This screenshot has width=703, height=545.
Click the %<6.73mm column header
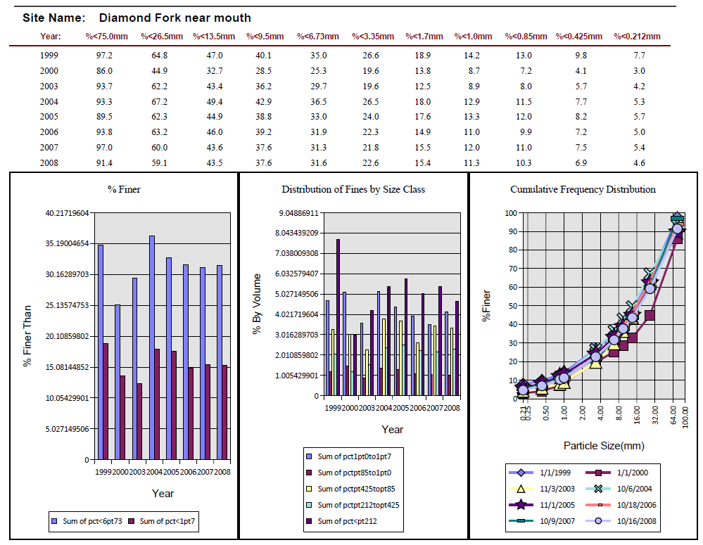[x=318, y=37]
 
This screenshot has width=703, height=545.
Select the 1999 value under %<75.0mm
[x=104, y=55]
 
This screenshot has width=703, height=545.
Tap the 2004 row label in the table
[x=49, y=102]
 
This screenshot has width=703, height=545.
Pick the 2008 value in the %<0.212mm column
[x=640, y=162]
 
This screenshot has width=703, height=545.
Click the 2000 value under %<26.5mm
[x=159, y=71]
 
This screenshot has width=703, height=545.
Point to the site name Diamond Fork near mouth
[x=175, y=18]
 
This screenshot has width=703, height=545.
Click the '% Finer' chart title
[x=124, y=190]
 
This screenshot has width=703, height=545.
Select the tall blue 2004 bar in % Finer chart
[x=152, y=347]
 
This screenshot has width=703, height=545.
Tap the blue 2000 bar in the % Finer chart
[x=118, y=382]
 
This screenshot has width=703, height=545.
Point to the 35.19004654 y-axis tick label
[x=68, y=243]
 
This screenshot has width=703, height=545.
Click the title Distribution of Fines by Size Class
[x=353, y=190]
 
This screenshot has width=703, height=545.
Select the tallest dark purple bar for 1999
[x=338, y=317]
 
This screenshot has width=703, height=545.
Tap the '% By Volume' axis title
[x=256, y=304]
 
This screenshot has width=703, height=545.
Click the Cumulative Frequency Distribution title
[x=583, y=190]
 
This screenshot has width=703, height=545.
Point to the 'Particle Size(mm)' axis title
[x=604, y=446]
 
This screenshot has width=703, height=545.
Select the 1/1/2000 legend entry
[x=617, y=473]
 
